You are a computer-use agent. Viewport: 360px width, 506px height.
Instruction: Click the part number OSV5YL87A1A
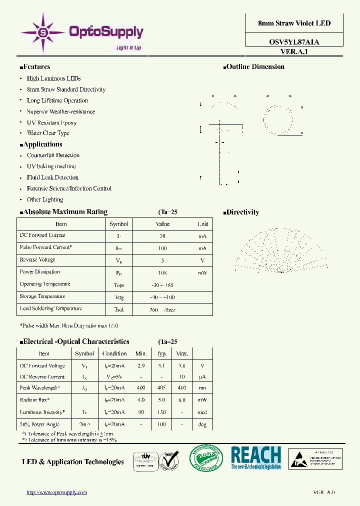pyautogui.click(x=294, y=42)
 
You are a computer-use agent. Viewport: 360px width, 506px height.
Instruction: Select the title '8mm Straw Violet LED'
pyautogui.click(x=294, y=23)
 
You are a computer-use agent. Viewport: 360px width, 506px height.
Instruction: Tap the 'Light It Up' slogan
pyautogui.click(x=128, y=48)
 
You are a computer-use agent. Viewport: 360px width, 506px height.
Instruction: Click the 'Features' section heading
pyautogui.click(x=36, y=67)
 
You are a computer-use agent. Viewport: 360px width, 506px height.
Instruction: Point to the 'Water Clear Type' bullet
pyautogui.click(x=48, y=133)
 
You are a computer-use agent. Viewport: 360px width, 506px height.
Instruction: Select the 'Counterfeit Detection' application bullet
pyautogui.click(x=53, y=155)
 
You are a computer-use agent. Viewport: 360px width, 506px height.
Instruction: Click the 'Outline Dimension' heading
pyautogui.click(x=255, y=67)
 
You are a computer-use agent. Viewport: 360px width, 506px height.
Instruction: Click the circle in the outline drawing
pyautogui.click(x=278, y=118)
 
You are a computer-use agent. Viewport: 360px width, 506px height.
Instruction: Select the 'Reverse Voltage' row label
pyautogui.click(x=37, y=260)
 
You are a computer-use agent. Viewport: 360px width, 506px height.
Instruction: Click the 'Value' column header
pyautogui.click(x=163, y=224)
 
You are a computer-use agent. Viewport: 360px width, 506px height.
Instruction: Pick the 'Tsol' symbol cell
pyautogui.click(x=119, y=309)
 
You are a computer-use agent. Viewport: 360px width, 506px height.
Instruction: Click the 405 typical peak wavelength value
pyautogui.click(x=161, y=388)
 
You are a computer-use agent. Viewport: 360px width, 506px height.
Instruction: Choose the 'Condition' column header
pyautogui.click(x=114, y=353)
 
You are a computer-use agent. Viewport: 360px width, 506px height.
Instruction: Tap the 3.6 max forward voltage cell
pyautogui.click(x=182, y=366)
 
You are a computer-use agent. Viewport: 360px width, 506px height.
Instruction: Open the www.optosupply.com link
pyautogui.click(x=56, y=492)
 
